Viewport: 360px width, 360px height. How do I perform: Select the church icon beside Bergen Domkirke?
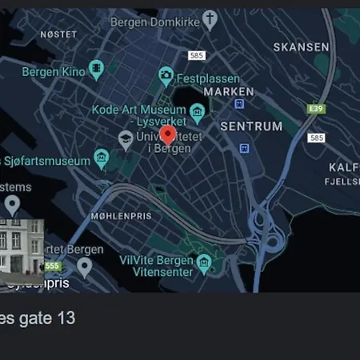point(210,19)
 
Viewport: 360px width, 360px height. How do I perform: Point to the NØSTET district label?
point(58,34)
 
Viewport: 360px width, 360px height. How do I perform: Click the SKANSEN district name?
point(301,47)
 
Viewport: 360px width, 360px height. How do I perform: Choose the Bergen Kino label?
point(53,71)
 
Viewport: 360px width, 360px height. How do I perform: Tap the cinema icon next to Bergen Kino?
point(96,69)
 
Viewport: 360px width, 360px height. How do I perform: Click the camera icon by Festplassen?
point(166,76)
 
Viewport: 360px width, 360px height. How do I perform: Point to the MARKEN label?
point(229,92)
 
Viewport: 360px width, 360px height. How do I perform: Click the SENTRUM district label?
point(251,126)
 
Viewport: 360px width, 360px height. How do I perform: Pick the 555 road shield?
point(53,266)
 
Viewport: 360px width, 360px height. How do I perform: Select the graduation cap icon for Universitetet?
point(126,140)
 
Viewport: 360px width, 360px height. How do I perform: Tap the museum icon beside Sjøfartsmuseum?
point(101,158)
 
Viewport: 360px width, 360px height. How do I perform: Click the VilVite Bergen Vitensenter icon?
point(204,263)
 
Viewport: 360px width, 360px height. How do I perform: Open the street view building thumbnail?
point(22,247)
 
